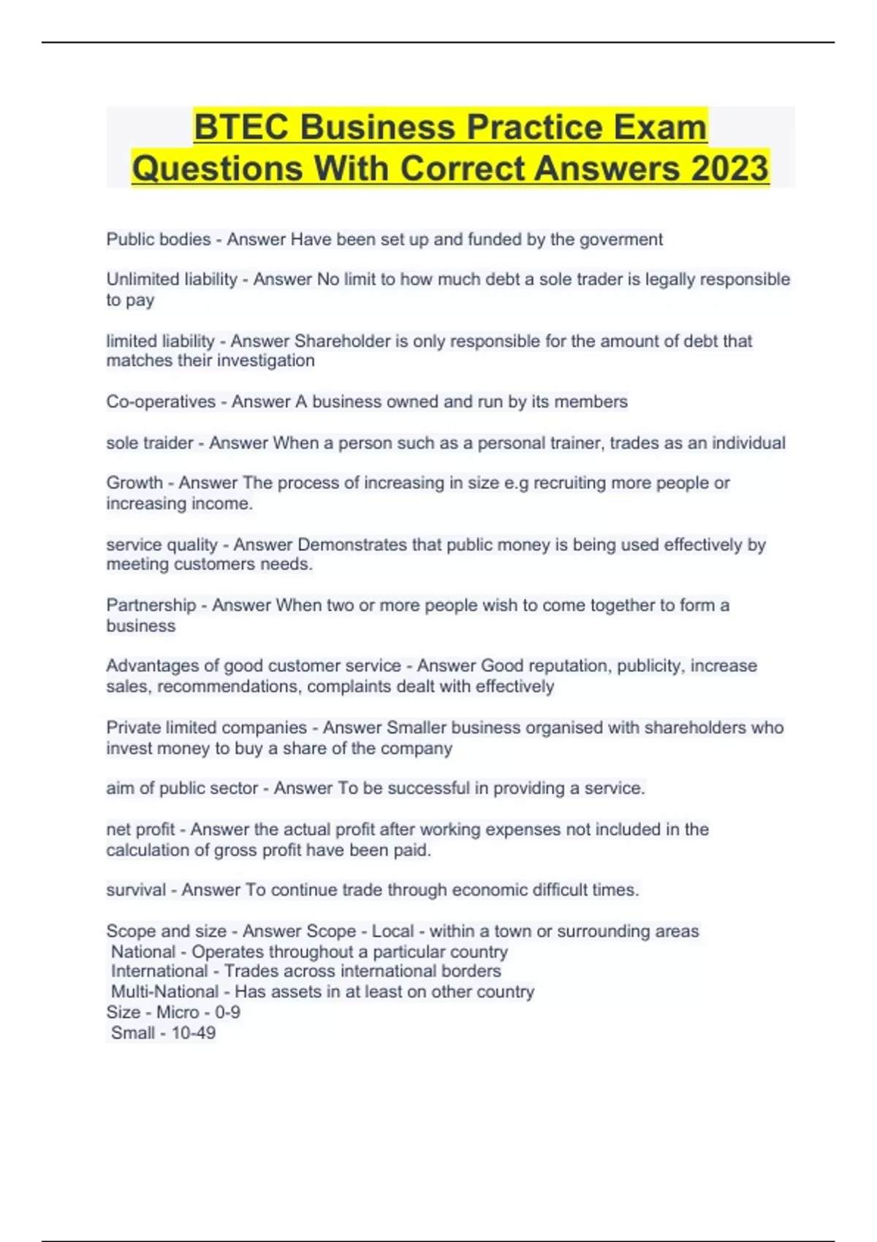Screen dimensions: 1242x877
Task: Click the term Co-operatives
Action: point(161,402)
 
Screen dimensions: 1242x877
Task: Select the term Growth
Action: point(134,483)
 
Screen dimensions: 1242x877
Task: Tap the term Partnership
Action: point(151,606)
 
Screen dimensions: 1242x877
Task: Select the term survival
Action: point(136,891)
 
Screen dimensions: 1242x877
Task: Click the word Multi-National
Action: point(164,992)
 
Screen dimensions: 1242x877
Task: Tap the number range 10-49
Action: point(193,1033)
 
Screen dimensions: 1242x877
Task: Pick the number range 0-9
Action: point(227,1013)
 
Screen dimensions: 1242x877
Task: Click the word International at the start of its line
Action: point(159,972)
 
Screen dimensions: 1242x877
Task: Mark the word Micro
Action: point(178,1013)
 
